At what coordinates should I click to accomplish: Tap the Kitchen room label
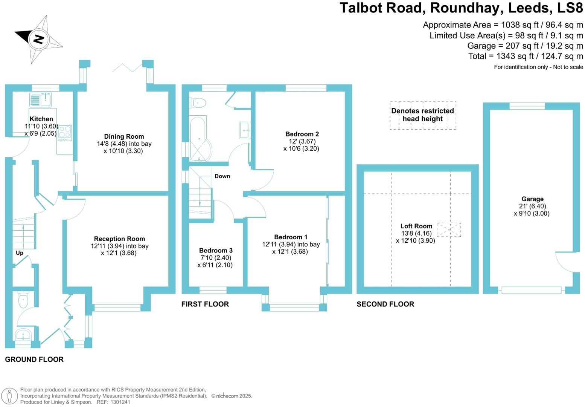point(41,119)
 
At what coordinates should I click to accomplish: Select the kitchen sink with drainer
point(41,100)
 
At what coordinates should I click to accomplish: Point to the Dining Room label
point(124,136)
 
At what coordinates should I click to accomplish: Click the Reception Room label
point(119,239)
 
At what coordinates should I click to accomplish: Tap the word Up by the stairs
point(20,253)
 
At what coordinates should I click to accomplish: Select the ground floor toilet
point(23,300)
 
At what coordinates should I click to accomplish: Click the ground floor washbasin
point(24,334)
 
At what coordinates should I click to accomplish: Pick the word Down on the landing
point(222,176)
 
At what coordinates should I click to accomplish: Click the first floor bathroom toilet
point(199,103)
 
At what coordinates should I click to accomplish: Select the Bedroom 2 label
point(302,134)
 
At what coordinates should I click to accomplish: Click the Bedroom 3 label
point(216,250)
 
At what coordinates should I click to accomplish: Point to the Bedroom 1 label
point(291,237)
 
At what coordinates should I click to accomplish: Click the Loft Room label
point(416,226)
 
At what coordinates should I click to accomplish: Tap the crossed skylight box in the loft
point(449,230)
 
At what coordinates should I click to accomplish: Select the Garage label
point(532,199)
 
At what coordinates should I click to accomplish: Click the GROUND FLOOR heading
point(34,360)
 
